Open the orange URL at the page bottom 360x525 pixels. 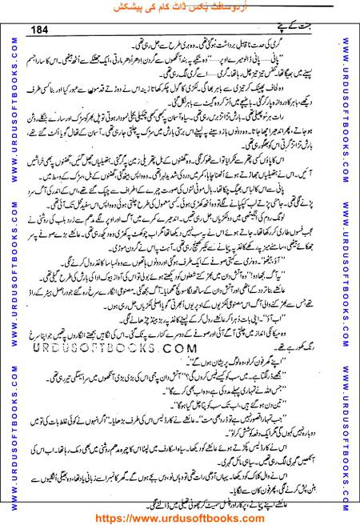click(180, 517)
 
